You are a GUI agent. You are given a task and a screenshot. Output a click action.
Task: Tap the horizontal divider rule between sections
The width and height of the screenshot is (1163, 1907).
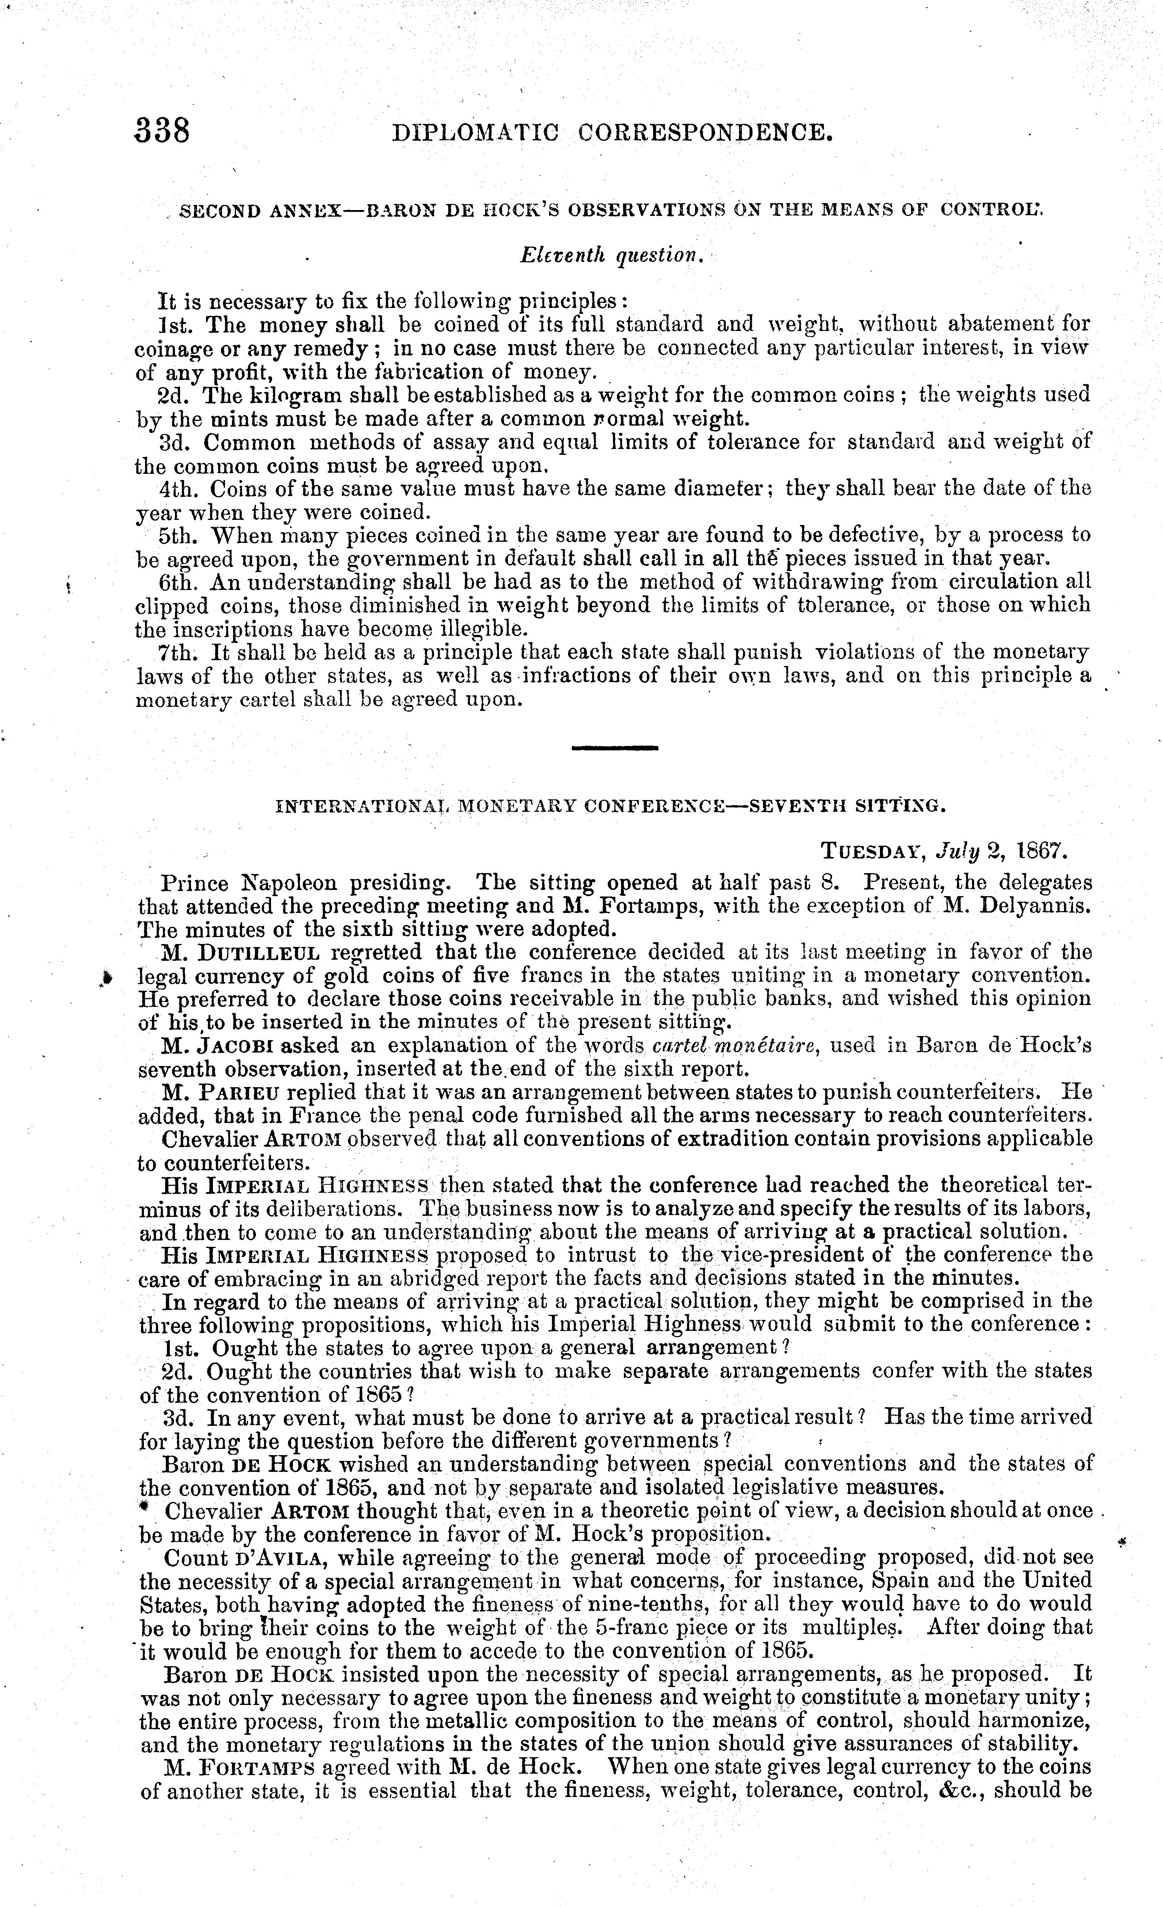tap(614, 747)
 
